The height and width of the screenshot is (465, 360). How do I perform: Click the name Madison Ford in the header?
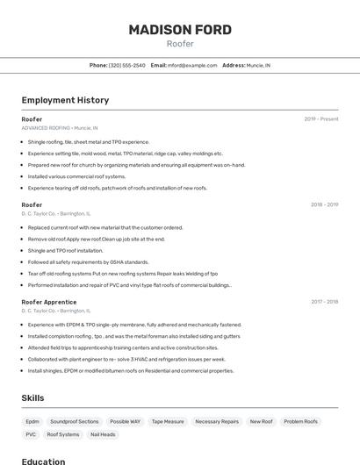180,30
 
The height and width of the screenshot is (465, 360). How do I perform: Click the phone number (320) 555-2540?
127,65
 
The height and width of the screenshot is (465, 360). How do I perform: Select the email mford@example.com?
192,65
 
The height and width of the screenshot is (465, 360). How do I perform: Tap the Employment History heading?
65,100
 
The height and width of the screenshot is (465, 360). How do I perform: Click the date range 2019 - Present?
321,119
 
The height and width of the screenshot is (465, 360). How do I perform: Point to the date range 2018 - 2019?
324,205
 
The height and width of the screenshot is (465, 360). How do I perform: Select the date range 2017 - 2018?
324,302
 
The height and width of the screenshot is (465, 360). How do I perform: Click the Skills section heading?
33,398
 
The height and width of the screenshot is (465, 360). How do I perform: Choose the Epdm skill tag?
32,421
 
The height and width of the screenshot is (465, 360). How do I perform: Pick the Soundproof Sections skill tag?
75,421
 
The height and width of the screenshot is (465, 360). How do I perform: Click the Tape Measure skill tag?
168,421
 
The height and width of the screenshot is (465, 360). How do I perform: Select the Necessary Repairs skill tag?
217,421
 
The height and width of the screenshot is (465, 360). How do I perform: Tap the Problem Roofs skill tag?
300,421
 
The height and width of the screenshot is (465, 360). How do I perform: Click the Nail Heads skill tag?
103,434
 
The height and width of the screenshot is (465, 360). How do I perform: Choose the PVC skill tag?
31,434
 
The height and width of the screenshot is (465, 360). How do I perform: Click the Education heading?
44,461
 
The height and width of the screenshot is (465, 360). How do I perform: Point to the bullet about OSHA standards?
88,261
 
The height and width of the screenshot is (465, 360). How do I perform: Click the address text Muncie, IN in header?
259,65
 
